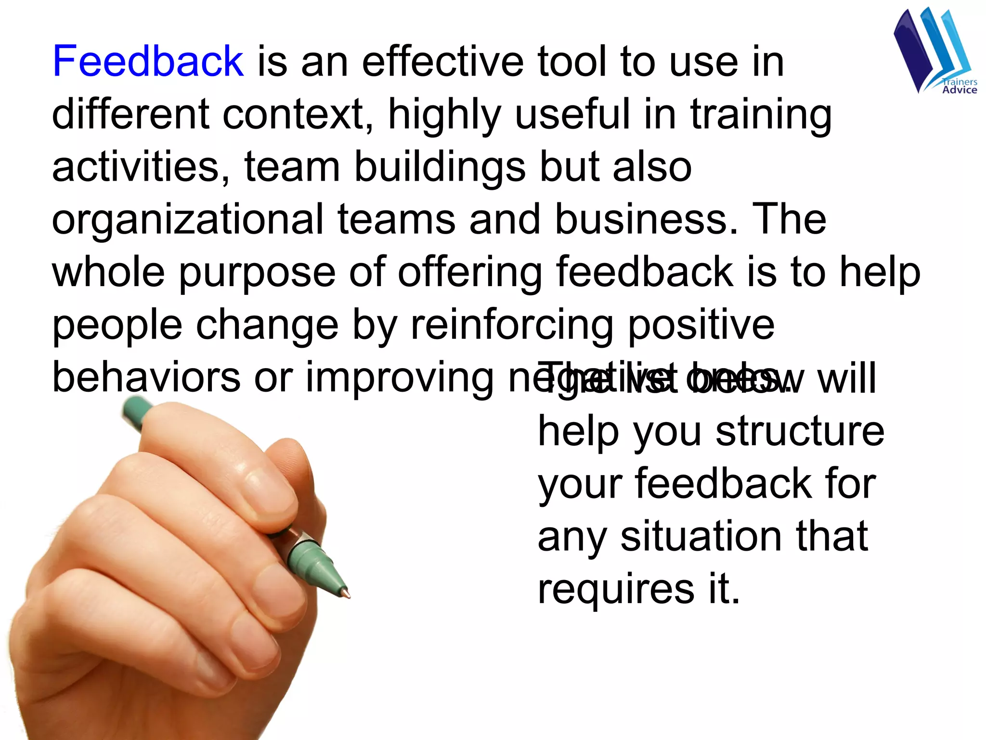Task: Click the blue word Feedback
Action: pos(148,61)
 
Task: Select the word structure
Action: pos(800,431)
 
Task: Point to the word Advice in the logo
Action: pos(960,90)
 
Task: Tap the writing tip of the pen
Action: pos(348,595)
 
